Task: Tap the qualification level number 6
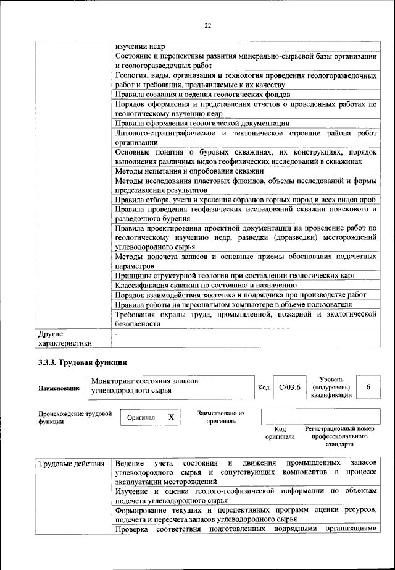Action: coord(368,387)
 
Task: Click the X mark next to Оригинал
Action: coord(171,418)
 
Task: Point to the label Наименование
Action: coord(59,388)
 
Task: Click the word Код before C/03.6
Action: coord(264,388)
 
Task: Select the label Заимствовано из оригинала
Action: coord(221,417)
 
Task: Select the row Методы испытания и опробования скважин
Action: coord(189,170)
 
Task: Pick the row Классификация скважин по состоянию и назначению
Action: coord(206,285)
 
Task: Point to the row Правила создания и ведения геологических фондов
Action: coord(202,95)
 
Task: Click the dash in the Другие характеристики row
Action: coord(116,333)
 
